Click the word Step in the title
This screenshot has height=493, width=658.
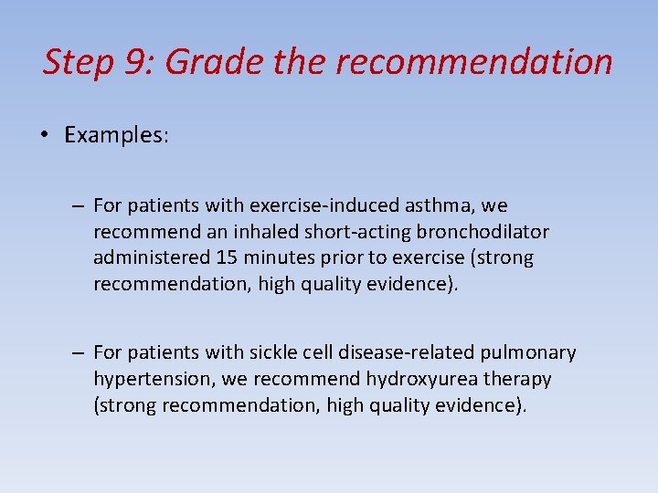tap(77, 63)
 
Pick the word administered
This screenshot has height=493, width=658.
tap(152, 257)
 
